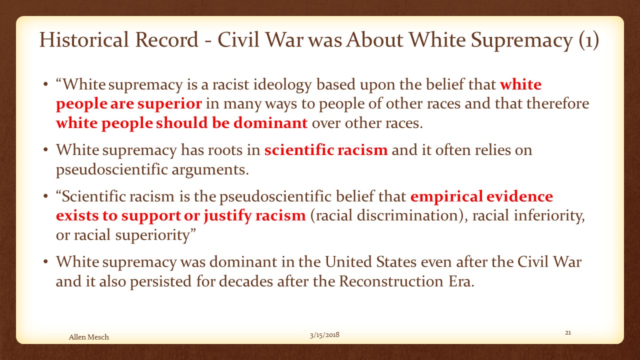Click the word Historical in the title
84,39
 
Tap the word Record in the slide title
166,39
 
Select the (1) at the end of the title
589,40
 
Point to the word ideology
282,85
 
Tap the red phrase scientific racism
326,149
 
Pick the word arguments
210,170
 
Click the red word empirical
446,196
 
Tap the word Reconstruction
391,281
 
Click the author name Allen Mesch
89,337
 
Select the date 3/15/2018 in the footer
324,335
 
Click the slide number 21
568,332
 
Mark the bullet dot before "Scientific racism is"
45,196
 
